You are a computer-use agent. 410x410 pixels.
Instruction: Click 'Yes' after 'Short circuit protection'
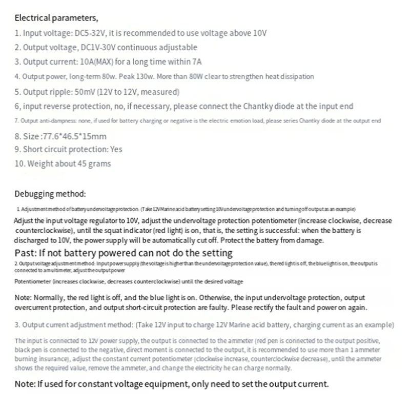pyautogui.click(x=116, y=149)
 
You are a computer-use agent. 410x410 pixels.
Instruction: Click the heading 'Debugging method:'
pyautogui.click(x=50, y=194)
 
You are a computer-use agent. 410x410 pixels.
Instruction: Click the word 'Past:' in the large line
pyautogui.click(x=26, y=253)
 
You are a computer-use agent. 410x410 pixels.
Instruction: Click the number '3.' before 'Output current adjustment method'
pyautogui.click(x=17, y=325)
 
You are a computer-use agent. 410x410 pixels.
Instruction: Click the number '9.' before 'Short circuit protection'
pyautogui.click(x=17, y=149)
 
